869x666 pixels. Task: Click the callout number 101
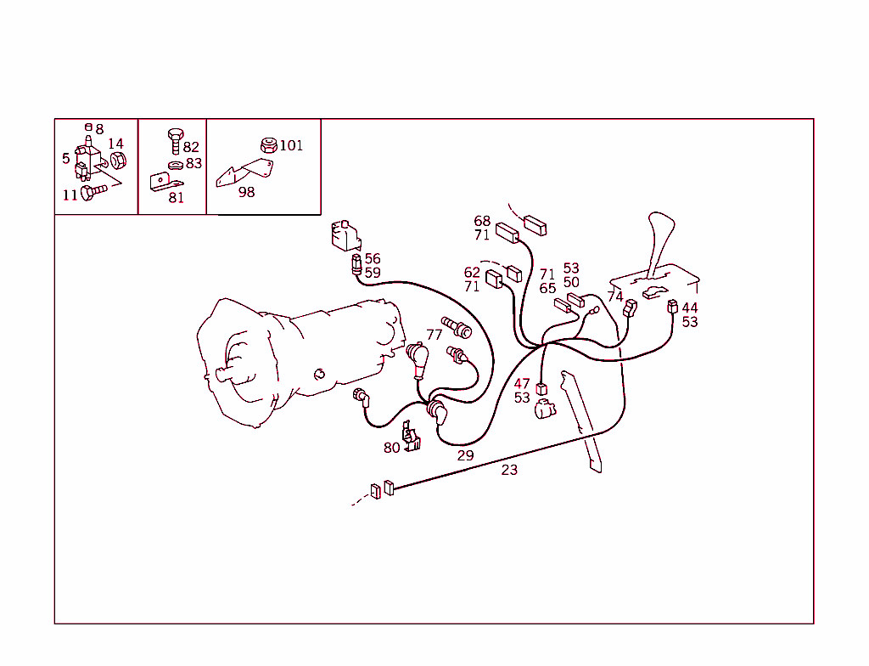(x=291, y=145)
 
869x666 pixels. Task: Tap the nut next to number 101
(x=269, y=145)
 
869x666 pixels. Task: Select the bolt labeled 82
(x=175, y=142)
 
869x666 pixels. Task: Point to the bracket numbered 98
(x=244, y=172)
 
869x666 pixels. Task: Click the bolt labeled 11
(x=93, y=192)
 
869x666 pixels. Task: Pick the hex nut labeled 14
(x=118, y=161)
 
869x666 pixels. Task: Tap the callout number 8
(x=100, y=129)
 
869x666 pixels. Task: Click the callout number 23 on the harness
(x=509, y=470)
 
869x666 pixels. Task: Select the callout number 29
(x=466, y=455)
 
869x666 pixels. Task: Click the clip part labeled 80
(x=411, y=437)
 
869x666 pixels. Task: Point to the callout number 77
(x=434, y=335)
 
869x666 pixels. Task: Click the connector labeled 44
(x=672, y=307)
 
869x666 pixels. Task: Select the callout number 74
(x=615, y=296)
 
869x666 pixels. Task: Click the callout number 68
(x=482, y=221)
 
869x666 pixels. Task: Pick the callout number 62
(x=472, y=273)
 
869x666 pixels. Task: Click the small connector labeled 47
(x=541, y=389)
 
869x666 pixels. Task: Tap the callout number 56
(x=373, y=258)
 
